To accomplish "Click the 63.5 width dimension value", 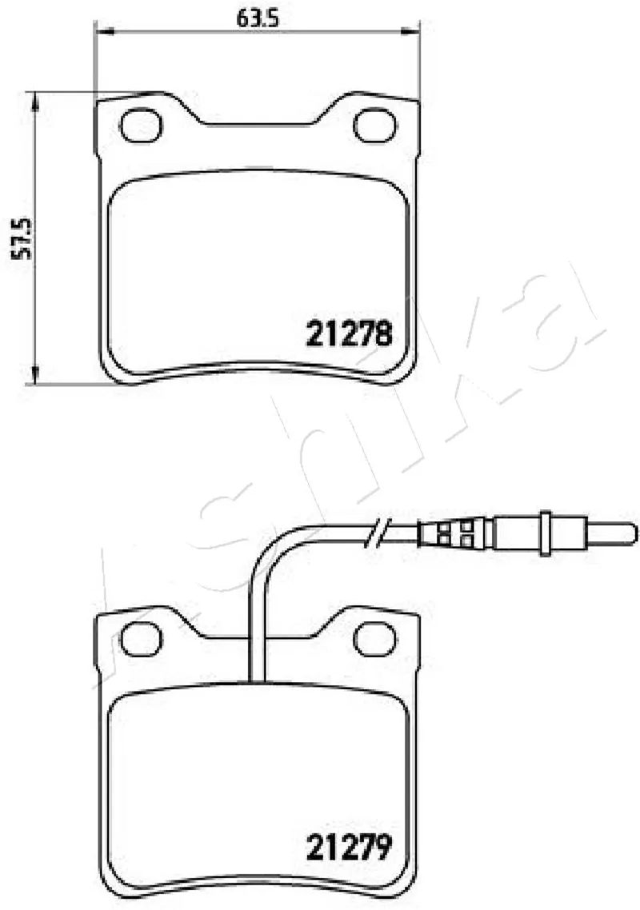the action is click(x=258, y=19).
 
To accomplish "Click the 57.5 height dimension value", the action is click(x=23, y=238).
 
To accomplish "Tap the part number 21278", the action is click(x=349, y=333).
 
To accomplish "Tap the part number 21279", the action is click(x=349, y=848).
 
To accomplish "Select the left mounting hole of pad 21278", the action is click(x=141, y=125).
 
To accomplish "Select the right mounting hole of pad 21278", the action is click(x=375, y=125).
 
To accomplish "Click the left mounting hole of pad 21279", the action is click(x=141, y=638).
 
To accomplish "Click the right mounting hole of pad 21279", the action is click(x=375, y=638).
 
